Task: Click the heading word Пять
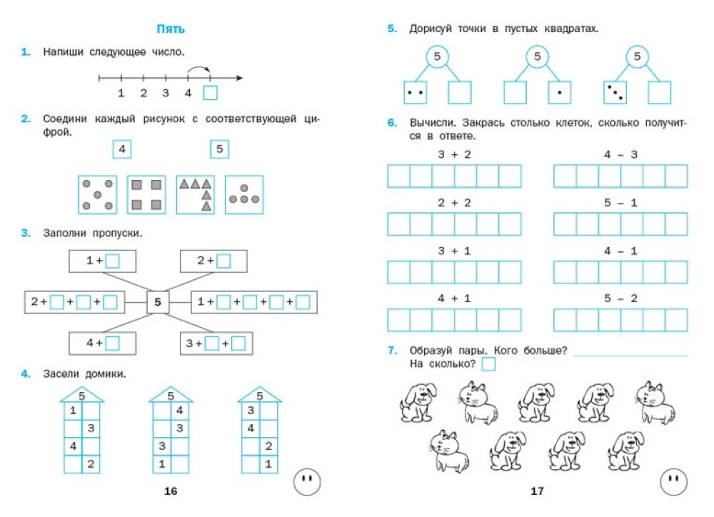coord(171,29)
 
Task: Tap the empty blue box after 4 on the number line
coord(210,93)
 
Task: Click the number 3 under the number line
coord(166,93)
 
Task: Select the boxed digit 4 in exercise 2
coord(122,149)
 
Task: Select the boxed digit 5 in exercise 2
coord(219,149)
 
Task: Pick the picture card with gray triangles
coord(196,194)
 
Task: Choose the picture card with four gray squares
coord(146,194)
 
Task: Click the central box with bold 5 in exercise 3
coord(158,302)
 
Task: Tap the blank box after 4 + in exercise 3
coord(112,343)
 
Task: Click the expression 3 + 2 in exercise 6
coord(454,154)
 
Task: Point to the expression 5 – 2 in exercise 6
coord(620,298)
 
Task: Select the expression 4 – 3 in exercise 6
coord(620,154)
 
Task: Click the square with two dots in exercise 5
coord(416,93)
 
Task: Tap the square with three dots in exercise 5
coord(615,93)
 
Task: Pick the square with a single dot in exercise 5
coord(559,93)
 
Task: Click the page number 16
coord(170,491)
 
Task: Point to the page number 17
coord(537,491)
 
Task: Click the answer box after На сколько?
coord(488,365)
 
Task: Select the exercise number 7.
coord(391,350)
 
